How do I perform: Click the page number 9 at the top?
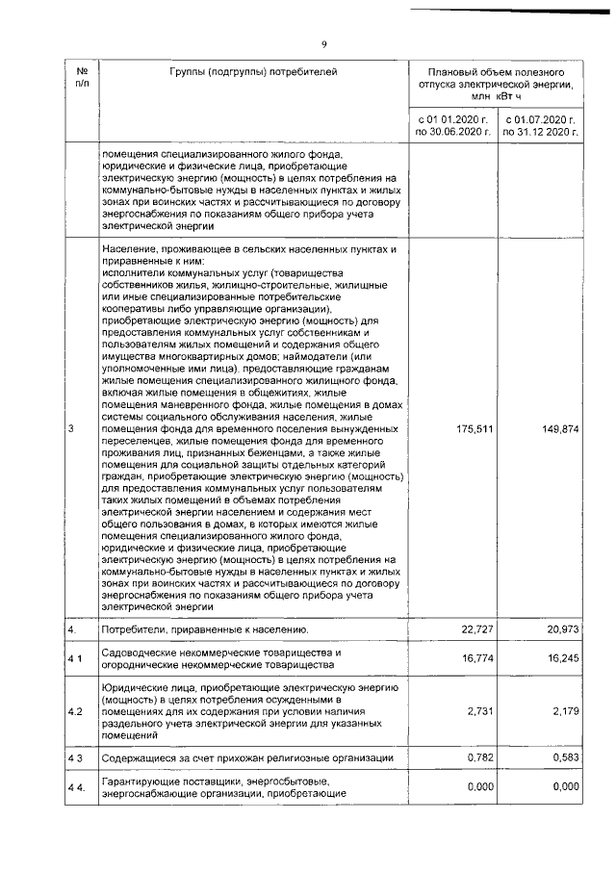point(324,45)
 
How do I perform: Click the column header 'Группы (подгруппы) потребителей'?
point(254,71)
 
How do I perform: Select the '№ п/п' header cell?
point(81,78)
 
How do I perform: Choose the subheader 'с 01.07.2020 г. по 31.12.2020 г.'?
point(540,126)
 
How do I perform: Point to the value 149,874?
point(560,429)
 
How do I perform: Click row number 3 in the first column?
point(72,429)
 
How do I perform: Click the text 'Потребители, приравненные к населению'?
point(205,629)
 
